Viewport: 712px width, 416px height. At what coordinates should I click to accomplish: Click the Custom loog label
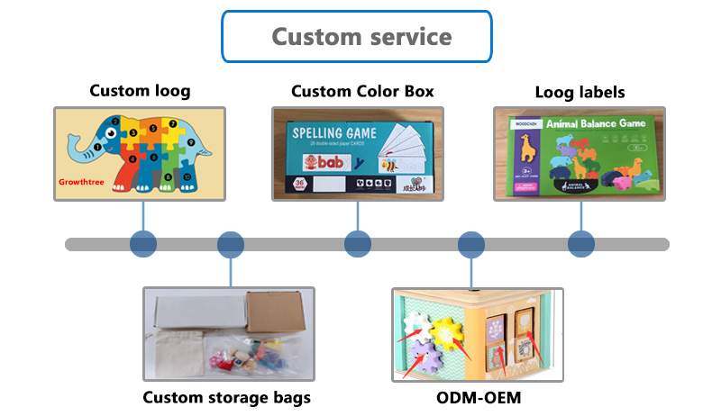click(140, 91)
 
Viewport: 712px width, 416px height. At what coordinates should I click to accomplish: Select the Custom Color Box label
click(362, 91)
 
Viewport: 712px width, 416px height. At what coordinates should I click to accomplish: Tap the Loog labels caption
click(580, 92)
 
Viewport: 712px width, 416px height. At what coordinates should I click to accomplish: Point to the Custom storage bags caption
click(227, 397)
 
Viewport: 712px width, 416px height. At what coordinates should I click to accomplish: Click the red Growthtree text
click(88, 181)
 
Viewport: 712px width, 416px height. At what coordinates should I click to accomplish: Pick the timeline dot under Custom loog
click(143, 244)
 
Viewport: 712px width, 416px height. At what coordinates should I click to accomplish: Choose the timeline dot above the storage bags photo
click(232, 244)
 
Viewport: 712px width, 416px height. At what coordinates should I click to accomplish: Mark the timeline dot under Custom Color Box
click(358, 244)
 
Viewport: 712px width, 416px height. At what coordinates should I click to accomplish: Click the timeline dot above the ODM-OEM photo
click(471, 244)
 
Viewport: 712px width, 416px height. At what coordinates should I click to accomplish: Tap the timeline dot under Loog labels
click(581, 244)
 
